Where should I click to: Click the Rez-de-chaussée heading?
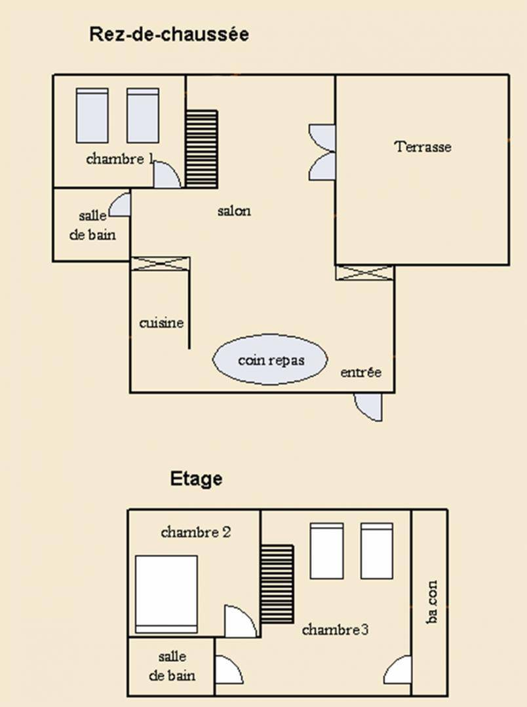[x=169, y=34]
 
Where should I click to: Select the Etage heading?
[x=196, y=479]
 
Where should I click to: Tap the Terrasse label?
[x=423, y=147]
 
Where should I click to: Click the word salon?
[x=234, y=211]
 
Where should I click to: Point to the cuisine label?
[x=161, y=323]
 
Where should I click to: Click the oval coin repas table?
[x=270, y=359]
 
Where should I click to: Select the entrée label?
[x=361, y=372]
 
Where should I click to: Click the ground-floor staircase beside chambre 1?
[x=201, y=149]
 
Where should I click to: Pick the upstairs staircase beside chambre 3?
[x=277, y=585]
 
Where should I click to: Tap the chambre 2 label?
[x=196, y=532]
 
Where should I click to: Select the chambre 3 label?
[x=335, y=630]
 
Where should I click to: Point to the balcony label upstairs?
[x=432, y=602]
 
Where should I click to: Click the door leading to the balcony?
[x=398, y=670]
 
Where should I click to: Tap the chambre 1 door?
[x=168, y=175]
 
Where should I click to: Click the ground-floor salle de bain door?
[x=120, y=204]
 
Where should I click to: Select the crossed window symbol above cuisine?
[x=160, y=264]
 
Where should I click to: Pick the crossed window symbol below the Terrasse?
[x=364, y=273]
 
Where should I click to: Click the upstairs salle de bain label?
[x=172, y=666]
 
